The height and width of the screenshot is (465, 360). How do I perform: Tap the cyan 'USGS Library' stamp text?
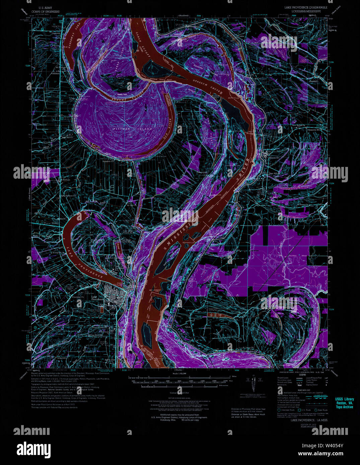(344, 399)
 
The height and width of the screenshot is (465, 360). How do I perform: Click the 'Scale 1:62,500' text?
(179, 375)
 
